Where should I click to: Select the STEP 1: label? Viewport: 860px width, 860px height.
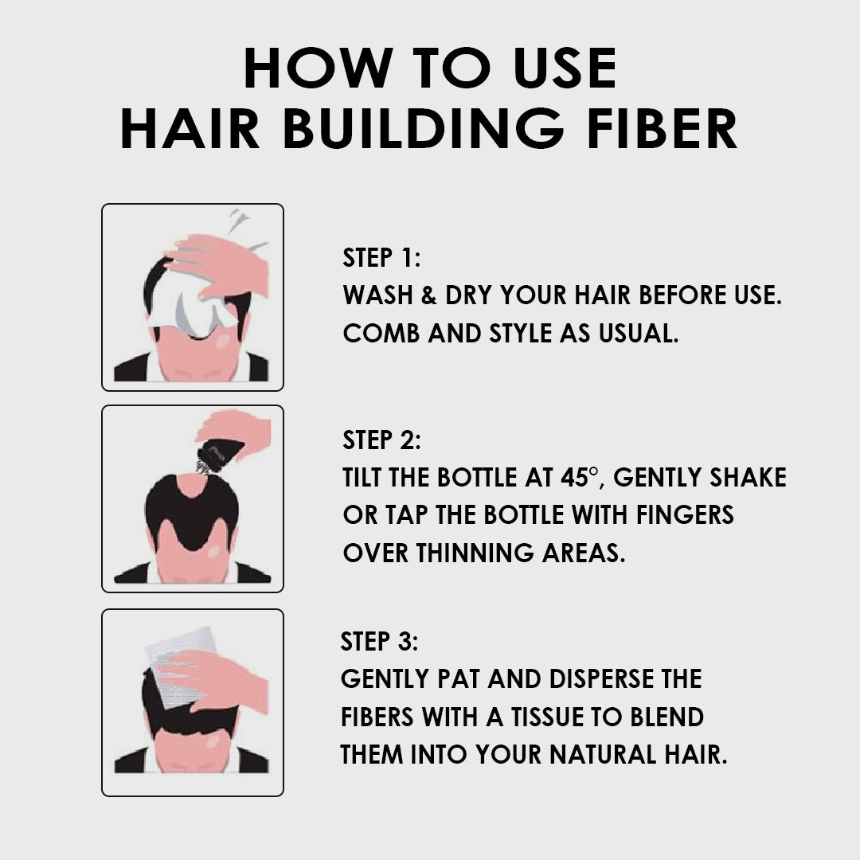(x=381, y=258)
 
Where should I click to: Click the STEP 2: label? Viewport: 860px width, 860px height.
(x=381, y=440)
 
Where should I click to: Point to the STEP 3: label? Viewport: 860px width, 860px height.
(x=379, y=641)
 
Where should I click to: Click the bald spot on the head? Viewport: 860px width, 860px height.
(x=190, y=483)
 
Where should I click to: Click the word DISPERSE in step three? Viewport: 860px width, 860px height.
(x=598, y=679)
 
